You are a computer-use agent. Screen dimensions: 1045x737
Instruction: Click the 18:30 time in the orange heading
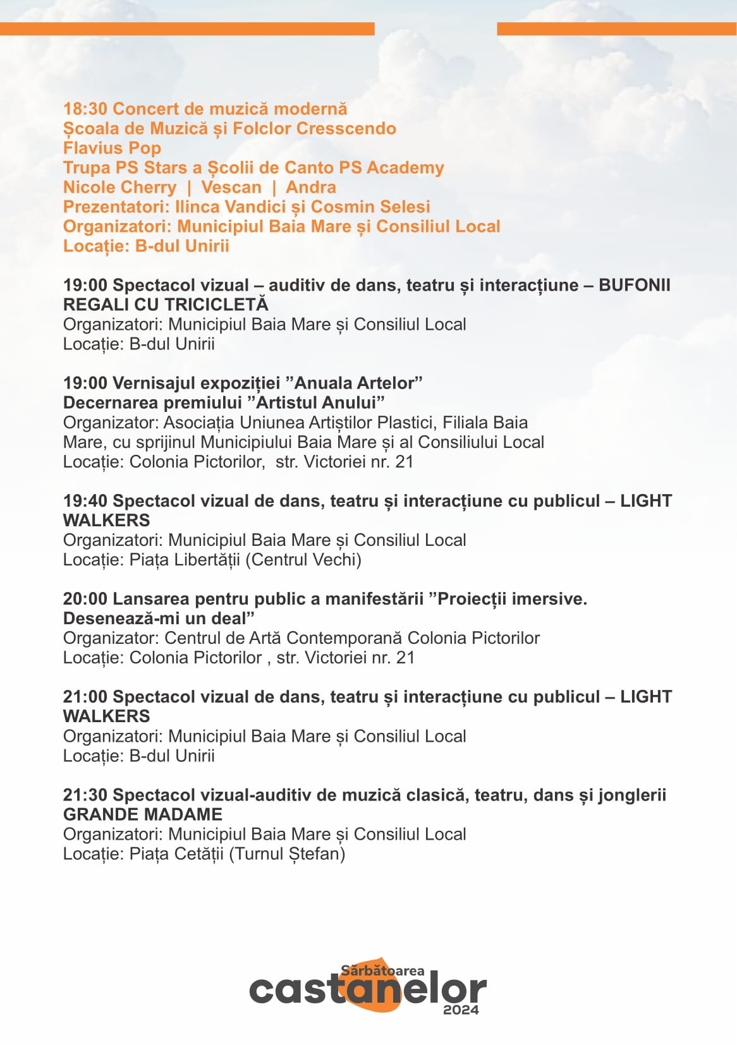click(x=85, y=109)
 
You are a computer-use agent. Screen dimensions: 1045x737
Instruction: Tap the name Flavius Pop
click(x=112, y=148)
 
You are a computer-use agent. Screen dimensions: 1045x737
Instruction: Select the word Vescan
click(x=231, y=188)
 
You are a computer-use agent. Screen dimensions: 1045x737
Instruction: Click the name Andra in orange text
click(x=310, y=188)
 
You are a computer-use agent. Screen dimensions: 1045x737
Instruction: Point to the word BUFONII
click(x=634, y=285)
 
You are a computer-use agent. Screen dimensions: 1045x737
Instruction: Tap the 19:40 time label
click(x=85, y=501)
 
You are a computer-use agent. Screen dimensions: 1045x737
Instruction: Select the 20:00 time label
click(x=85, y=599)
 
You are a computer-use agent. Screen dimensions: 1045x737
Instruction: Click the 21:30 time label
click(x=85, y=795)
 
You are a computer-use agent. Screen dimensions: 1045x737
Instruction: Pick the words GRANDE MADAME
click(x=143, y=814)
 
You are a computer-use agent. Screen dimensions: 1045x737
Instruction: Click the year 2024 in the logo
click(x=461, y=1010)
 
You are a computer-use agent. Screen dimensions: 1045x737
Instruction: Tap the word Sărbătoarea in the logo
click(x=382, y=970)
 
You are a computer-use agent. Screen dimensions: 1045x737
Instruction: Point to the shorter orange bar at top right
click(x=616, y=29)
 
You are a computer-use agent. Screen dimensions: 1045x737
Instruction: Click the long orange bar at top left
click(x=187, y=29)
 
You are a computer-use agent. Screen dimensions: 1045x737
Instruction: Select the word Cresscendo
click(x=346, y=129)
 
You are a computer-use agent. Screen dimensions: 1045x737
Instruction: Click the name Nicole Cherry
click(x=119, y=188)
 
